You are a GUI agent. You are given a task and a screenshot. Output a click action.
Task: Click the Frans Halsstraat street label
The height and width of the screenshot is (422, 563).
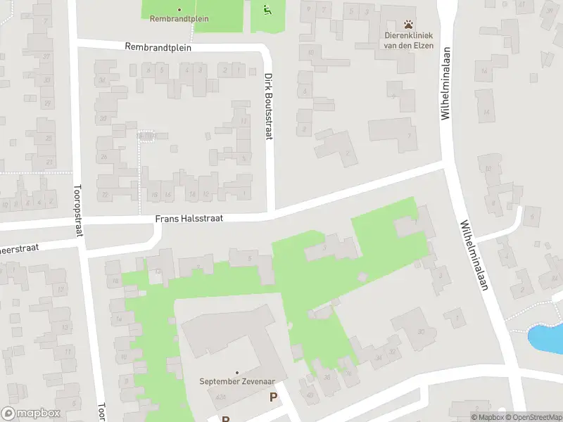coord(189,219)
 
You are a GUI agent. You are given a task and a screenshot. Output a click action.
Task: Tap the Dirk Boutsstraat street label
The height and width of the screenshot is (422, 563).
coord(268,106)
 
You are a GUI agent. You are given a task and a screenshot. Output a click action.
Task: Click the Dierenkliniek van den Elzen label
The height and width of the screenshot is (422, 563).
coord(408,40)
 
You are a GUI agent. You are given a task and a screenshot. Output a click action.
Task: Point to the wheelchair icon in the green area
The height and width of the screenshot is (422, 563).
coord(267,10)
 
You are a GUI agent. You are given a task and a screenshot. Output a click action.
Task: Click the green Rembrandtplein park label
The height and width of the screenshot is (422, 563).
coord(179,19)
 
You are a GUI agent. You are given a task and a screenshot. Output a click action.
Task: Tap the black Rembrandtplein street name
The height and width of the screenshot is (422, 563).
coord(158,47)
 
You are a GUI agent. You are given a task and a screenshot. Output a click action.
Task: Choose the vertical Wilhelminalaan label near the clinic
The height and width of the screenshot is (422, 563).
coord(445,83)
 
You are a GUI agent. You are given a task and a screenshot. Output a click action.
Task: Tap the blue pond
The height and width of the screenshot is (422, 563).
coord(545,338)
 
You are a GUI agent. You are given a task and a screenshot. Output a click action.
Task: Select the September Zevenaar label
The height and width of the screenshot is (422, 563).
coord(236,382)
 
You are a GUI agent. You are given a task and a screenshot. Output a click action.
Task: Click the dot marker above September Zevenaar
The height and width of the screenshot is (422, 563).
coord(236,372)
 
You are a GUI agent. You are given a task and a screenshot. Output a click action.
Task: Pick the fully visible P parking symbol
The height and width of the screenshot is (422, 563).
coord(273,397)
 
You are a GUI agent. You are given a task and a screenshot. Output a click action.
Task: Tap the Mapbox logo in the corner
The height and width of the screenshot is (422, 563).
coord(31,414)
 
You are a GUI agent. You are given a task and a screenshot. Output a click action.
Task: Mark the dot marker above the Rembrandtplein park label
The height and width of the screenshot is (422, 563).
coord(179,10)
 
